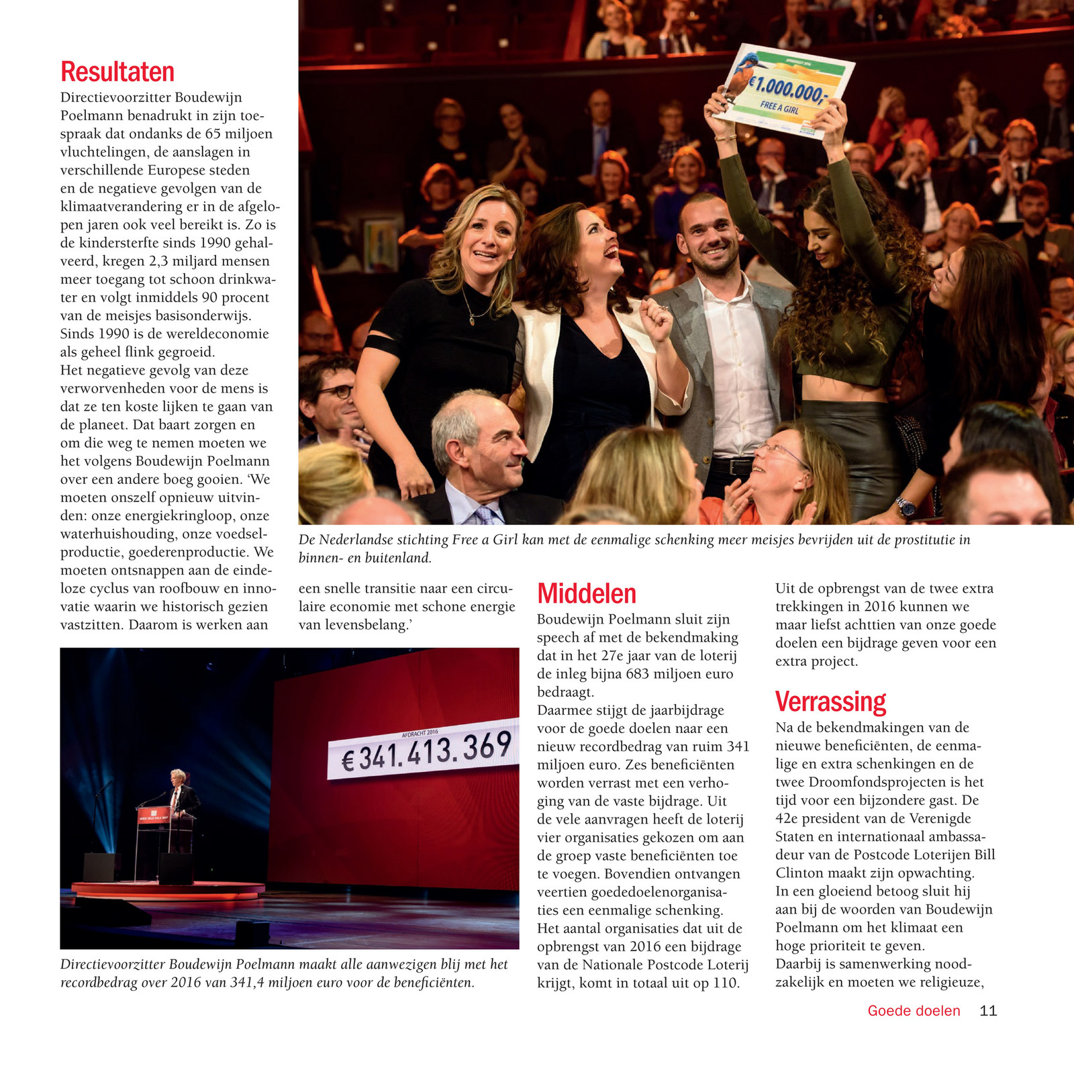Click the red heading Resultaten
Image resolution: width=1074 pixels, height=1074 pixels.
pyautogui.click(x=117, y=72)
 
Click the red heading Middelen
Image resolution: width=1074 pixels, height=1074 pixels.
pyautogui.click(x=587, y=594)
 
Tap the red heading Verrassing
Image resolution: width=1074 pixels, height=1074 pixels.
pyautogui.click(x=830, y=702)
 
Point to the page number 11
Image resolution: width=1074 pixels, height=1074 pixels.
pyautogui.click(x=988, y=1011)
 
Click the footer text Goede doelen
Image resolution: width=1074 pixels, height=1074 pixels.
pyautogui.click(x=914, y=1011)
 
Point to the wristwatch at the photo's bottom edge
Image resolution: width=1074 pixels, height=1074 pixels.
pyautogui.click(x=906, y=507)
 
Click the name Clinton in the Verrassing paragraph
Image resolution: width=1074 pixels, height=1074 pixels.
pyautogui.click(x=799, y=873)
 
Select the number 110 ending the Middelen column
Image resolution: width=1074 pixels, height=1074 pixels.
pyautogui.click(x=726, y=983)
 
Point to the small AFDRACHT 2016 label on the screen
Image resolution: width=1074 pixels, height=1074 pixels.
pyautogui.click(x=420, y=733)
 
